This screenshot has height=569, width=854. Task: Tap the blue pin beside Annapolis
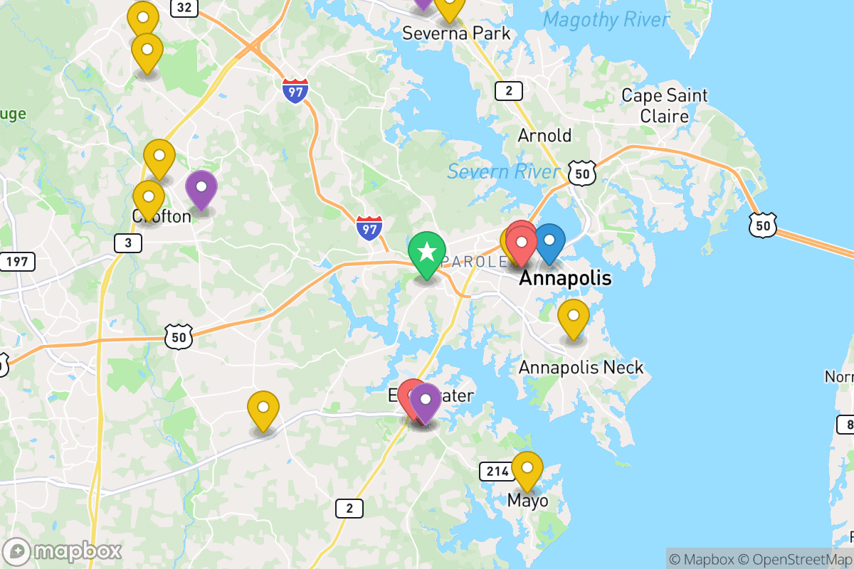pyautogui.click(x=549, y=242)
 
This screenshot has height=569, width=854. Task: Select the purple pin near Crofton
pyautogui.click(x=201, y=188)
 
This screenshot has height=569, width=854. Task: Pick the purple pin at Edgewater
pyautogui.click(x=426, y=401)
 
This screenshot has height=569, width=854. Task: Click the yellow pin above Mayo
pyautogui.click(x=527, y=469)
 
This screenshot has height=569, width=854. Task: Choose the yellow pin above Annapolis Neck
pyautogui.click(x=574, y=317)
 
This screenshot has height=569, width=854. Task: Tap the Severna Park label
pyautogui.click(x=456, y=33)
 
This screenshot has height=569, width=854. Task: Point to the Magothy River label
pyautogui.click(x=606, y=20)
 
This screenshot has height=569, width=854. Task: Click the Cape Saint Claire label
pyautogui.click(x=665, y=106)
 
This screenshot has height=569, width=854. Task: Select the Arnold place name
pyautogui.click(x=544, y=135)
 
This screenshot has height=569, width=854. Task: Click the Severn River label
pyautogui.click(x=503, y=171)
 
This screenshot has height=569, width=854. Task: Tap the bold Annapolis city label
pyautogui.click(x=565, y=278)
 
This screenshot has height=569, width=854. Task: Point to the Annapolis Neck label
pyautogui.click(x=581, y=368)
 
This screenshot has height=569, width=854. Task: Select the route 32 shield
pyautogui.click(x=184, y=8)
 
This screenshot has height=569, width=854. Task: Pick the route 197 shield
pyautogui.click(x=16, y=262)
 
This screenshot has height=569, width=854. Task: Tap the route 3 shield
pyautogui.click(x=128, y=243)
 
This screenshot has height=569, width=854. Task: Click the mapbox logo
pyautogui.click(x=63, y=551)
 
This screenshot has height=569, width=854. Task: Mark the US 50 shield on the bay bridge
pyautogui.click(x=762, y=225)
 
